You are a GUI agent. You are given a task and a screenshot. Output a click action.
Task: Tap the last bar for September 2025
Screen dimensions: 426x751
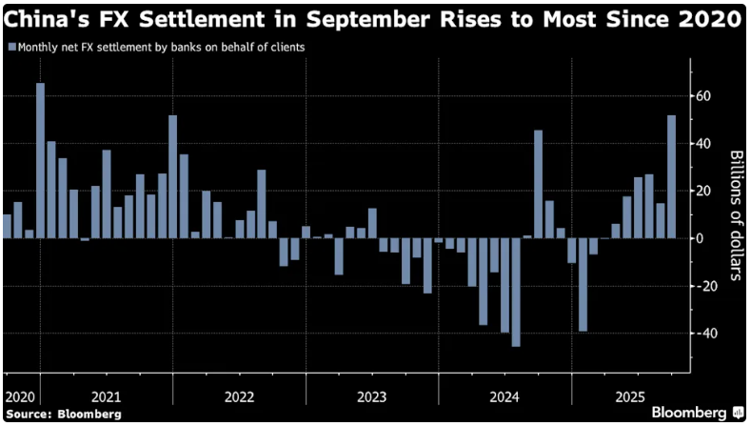pos(672,177)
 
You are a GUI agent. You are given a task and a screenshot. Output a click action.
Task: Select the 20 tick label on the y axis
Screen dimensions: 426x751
pos(702,191)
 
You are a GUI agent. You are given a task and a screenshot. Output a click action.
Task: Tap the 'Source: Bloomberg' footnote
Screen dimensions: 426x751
pos(62,415)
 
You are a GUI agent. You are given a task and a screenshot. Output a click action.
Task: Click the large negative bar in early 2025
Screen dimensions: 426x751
pos(583,285)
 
